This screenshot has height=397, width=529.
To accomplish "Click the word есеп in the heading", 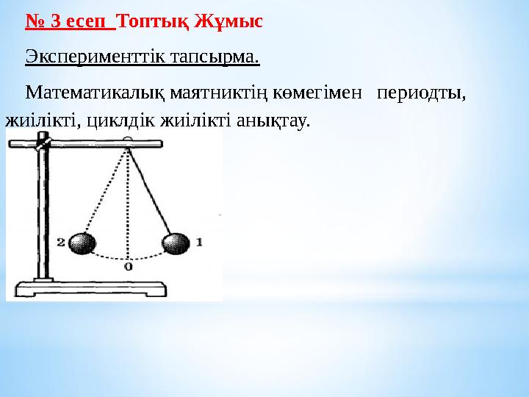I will [x=85, y=21].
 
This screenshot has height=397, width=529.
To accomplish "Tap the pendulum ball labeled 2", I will [x=82, y=243].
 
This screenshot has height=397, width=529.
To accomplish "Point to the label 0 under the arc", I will [x=129, y=266].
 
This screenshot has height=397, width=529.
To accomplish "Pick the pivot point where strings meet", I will [x=129, y=149].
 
